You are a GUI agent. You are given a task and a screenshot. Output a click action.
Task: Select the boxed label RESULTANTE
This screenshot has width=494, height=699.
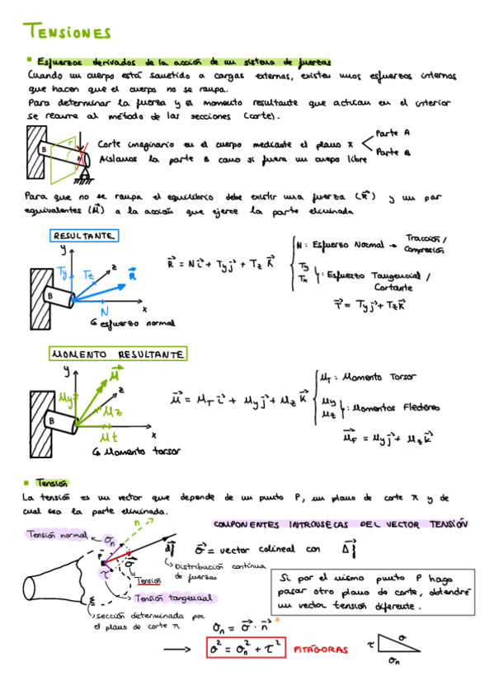(x=84, y=236)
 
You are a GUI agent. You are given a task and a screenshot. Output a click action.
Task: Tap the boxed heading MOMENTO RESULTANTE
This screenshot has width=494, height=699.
(x=117, y=354)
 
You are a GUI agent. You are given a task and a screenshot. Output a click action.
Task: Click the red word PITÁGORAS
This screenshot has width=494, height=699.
(x=321, y=650)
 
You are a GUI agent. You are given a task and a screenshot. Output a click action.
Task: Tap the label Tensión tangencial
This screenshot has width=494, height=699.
(x=174, y=597)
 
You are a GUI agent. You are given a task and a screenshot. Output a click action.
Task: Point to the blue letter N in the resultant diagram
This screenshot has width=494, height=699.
(x=105, y=312)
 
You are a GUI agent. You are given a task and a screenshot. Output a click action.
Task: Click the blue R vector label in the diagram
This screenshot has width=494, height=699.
(x=131, y=277)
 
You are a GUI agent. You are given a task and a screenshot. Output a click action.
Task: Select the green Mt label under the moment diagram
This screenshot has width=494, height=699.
(x=108, y=436)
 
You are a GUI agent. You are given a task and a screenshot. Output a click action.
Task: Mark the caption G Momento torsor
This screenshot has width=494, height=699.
(x=131, y=453)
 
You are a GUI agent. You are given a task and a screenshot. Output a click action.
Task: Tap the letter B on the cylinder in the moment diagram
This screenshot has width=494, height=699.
(x=51, y=421)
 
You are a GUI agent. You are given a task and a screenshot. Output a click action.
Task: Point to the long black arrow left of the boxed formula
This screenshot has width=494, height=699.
(x=180, y=650)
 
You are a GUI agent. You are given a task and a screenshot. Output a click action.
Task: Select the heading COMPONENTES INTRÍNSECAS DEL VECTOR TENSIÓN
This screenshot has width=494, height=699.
(x=340, y=523)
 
